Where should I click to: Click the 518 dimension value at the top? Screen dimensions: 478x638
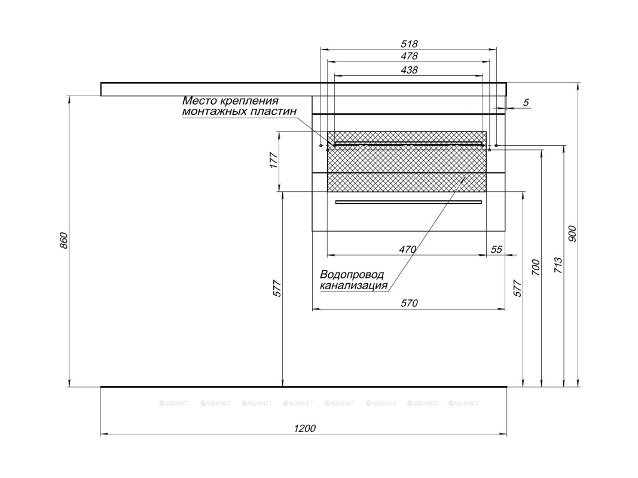(409, 44)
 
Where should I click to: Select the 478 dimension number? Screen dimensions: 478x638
(409, 56)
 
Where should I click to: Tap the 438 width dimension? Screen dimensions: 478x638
(409, 70)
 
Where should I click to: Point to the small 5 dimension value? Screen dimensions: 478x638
(526, 103)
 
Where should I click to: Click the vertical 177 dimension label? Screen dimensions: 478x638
(274, 161)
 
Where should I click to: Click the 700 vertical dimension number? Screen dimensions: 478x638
(536, 267)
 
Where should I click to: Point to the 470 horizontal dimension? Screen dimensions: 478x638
(407, 250)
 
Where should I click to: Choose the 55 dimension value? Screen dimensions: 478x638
(496, 250)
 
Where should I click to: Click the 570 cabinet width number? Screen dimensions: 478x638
(408, 303)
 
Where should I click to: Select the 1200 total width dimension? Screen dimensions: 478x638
(305, 428)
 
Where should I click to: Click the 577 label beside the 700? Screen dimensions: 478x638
(518, 288)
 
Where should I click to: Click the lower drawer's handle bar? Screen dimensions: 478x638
(408, 203)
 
